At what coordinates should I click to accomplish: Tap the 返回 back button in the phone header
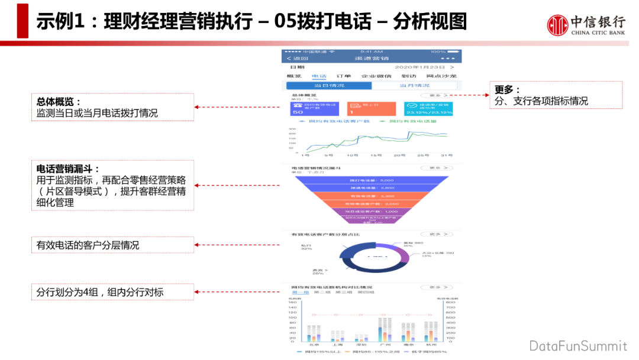click(298, 58)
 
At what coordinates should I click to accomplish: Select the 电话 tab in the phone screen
click(319, 76)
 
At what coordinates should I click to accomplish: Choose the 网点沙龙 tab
click(442, 76)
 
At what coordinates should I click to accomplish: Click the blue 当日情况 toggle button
click(328, 86)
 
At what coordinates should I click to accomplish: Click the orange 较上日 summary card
click(371, 108)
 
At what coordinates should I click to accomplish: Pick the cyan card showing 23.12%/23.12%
click(428, 108)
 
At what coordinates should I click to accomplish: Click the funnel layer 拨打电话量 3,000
click(372, 180)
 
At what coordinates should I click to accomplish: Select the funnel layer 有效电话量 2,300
click(372, 195)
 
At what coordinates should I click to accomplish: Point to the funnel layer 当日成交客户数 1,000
click(372, 211)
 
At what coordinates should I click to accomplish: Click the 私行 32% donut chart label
click(306, 246)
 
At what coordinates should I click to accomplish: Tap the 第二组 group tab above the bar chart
click(322, 292)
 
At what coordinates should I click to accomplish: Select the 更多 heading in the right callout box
click(507, 90)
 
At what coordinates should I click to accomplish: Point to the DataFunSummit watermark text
click(577, 346)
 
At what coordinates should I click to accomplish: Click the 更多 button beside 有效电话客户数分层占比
click(436, 234)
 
